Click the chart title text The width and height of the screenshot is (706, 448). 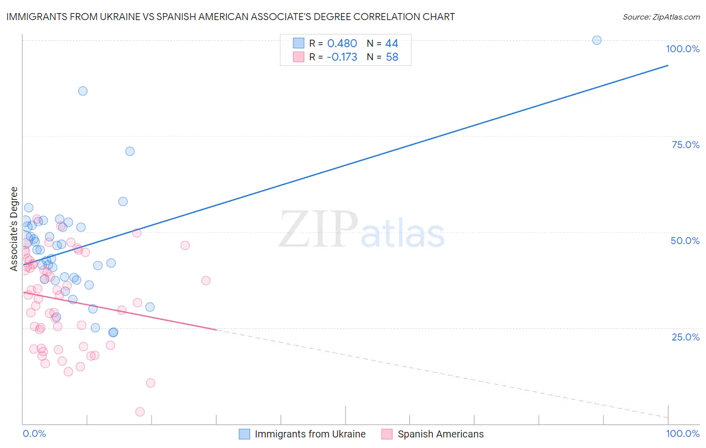[x=230, y=17]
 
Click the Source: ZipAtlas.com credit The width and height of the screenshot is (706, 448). [x=661, y=17]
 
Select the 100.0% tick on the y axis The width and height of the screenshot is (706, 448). [x=682, y=49]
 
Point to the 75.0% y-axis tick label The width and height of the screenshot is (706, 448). [x=685, y=145]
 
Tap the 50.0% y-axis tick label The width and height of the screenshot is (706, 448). [x=685, y=241]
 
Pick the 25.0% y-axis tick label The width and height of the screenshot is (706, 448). [x=685, y=337]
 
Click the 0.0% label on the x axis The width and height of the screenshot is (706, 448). [x=34, y=434]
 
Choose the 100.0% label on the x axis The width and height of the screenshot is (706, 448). [x=682, y=434]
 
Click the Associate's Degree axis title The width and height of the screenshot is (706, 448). [x=14, y=229]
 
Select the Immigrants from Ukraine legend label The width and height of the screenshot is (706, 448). [x=310, y=434]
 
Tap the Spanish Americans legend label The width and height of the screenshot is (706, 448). [x=440, y=434]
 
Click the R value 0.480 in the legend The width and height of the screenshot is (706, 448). [x=342, y=44]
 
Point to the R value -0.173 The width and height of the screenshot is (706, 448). [x=341, y=57]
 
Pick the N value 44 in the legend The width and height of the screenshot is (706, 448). [x=392, y=44]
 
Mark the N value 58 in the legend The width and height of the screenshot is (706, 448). [x=392, y=57]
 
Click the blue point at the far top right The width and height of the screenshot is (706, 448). [x=597, y=40]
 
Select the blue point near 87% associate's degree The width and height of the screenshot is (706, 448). [x=83, y=91]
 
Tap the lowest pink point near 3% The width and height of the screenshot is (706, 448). [x=140, y=412]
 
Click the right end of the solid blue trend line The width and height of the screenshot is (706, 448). [x=668, y=65]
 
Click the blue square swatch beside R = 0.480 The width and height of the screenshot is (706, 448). [x=299, y=43]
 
